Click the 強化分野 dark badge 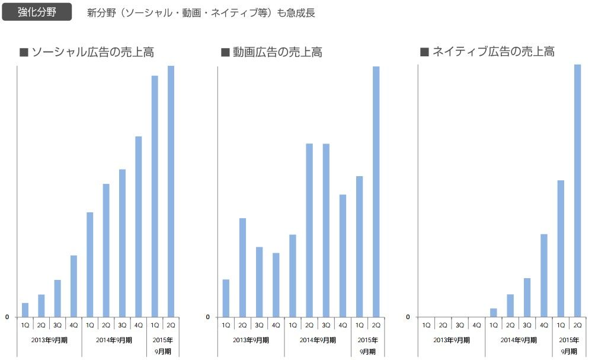coord(37,12)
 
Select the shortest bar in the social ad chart coord(25,310)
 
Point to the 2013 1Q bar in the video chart coord(226,298)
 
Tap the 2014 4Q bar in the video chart coord(343,255)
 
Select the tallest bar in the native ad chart coord(577,190)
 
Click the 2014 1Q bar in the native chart coord(493,313)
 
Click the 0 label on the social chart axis coord(7,317)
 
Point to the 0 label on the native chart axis coord(408,317)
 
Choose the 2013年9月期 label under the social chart coord(49,340)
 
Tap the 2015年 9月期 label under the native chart coord(568,345)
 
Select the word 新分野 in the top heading coord(100,12)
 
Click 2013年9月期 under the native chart coord(451,340)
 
